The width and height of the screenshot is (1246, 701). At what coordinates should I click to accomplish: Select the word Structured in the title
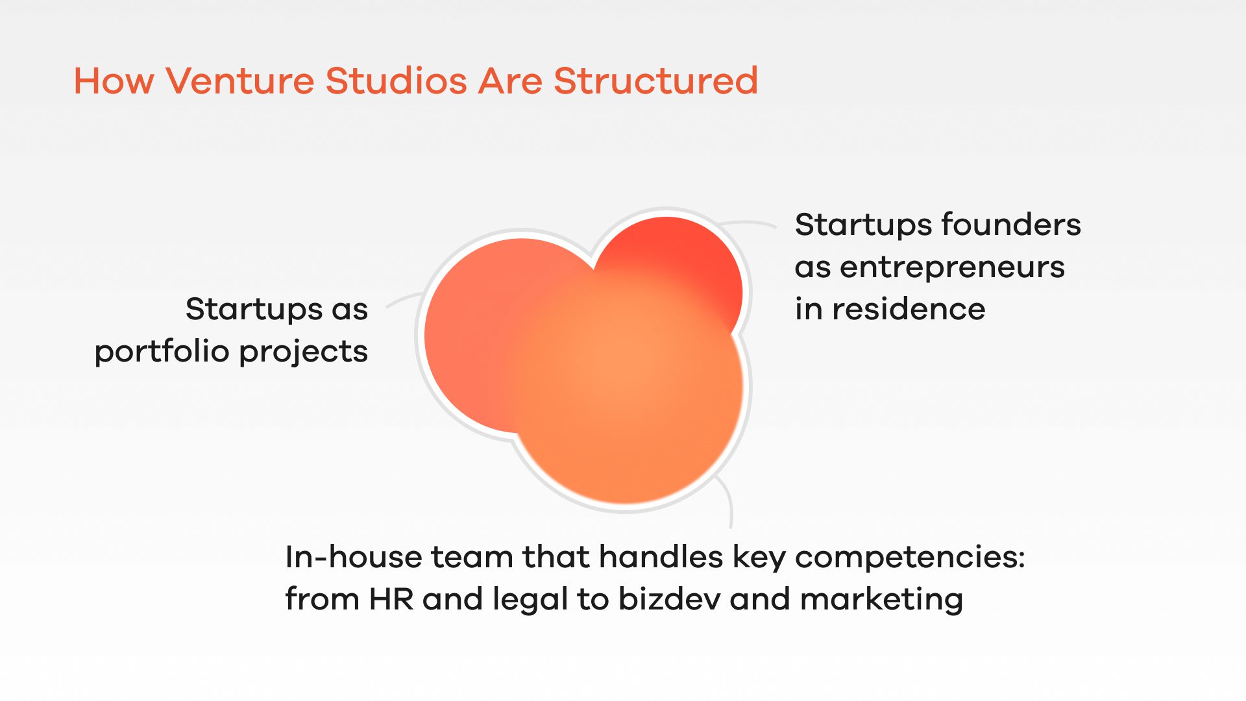coord(656,81)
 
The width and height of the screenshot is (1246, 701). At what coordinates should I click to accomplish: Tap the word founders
coord(1011,225)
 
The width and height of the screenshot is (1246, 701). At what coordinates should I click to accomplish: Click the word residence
coord(909,309)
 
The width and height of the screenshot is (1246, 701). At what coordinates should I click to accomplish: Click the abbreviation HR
coord(391,599)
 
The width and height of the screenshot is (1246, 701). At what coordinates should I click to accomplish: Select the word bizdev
coord(669,598)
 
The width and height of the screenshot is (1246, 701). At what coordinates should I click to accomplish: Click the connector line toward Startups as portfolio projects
coord(405,299)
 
